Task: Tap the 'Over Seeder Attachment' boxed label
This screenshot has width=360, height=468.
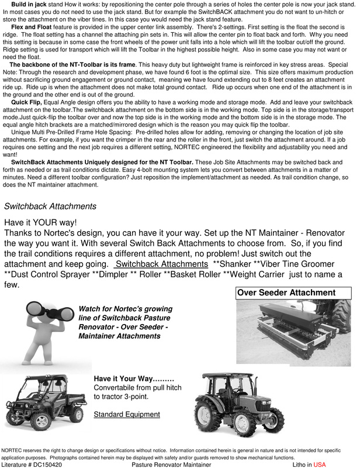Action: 286,292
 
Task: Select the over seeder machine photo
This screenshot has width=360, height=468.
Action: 292,332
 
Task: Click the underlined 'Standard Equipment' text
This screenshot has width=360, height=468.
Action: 127,415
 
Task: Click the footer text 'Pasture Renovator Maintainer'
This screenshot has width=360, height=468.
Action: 171,464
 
